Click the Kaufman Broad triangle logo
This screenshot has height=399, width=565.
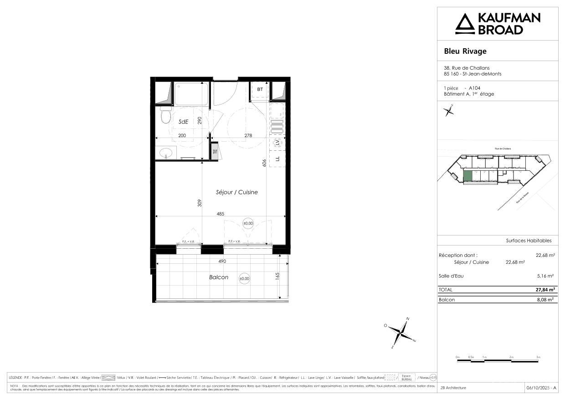point(465,24)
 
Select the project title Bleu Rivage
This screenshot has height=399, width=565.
point(465,51)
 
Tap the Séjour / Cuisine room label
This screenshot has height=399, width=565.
point(236,192)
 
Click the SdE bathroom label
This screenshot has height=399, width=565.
point(183,121)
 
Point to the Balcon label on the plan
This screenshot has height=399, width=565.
point(219,277)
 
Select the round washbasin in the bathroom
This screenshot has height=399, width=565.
point(166,153)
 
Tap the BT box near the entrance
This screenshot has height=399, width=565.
point(260,90)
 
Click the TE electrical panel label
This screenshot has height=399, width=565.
point(215,151)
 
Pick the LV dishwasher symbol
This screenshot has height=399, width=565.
point(277,143)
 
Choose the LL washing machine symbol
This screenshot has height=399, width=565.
point(277,159)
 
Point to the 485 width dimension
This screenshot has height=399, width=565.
point(220,213)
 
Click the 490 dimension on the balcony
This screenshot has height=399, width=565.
point(222,261)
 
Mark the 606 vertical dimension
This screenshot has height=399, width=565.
point(264,163)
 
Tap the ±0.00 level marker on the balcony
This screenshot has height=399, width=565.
point(244,278)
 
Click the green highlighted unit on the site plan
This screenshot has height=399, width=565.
point(467,176)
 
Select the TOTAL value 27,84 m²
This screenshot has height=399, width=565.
point(544,289)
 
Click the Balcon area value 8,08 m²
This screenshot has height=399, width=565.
point(545,300)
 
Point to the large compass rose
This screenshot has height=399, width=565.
point(401,332)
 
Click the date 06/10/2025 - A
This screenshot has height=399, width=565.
point(541,388)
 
